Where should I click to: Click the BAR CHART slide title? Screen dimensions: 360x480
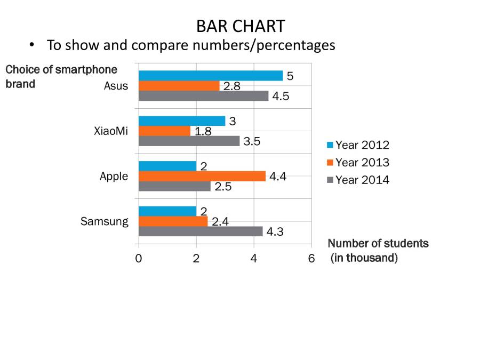pyautogui.click(x=240, y=26)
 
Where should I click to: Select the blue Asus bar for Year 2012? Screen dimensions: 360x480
pyautogui.click(x=210, y=76)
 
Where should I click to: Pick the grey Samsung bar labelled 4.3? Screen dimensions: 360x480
pyautogui.click(x=201, y=231)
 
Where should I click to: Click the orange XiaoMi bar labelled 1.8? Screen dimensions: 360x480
pyautogui.click(x=164, y=131)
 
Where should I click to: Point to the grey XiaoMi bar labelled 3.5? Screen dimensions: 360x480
pyautogui.click(x=189, y=141)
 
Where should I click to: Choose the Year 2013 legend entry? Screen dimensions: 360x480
pyautogui.click(x=363, y=162)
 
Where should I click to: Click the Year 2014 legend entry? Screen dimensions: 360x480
pyautogui.click(x=363, y=180)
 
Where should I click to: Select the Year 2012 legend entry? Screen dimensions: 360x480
pyautogui.click(x=363, y=145)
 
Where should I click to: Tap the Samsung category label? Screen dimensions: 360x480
pyautogui.click(x=105, y=221)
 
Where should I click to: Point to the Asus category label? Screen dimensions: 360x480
pyautogui.click(x=116, y=86)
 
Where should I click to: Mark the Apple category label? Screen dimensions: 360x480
pyautogui.click(x=114, y=176)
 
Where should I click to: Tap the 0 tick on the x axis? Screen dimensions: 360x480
pyautogui.click(x=139, y=259)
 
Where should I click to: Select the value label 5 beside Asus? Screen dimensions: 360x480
pyautogui.click(x=290, y=76)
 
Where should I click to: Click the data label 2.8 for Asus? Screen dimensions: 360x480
pyautogui.click(x=231, y=86)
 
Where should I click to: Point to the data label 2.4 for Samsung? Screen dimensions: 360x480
pyautogui.click(x=220, y=221)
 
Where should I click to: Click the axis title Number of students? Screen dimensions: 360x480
pyautogui.click(x=378, y=244)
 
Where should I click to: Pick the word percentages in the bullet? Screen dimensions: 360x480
pyautogui.click(x=296, y=45)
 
